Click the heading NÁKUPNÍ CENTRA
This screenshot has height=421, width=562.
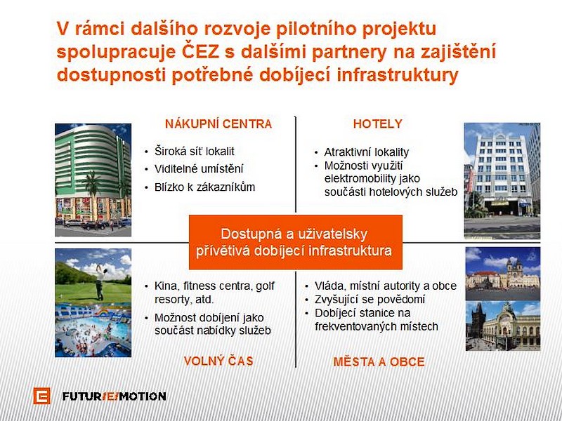pyautogui.click(x=218, y=124)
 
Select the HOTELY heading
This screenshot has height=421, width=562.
pyautogui.click(x=377, y=124)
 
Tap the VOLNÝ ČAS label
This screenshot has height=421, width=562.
pyautogui.click(x=218, y=361)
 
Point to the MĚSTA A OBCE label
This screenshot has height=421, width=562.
pyautogui.click(x=379, y=361)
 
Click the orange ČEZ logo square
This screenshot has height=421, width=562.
pyautogui.click(x=41, y=396)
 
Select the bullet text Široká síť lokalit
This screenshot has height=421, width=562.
pyautogui.click(x=195, y=152)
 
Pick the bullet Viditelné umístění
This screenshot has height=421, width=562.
pyautogui.click(x=199, y=168)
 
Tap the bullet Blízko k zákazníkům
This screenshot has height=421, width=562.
pyautogui.click(x=204, y=187)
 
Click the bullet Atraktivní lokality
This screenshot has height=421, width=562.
pyautogui.click(x=366, y=152)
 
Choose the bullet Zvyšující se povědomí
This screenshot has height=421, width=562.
pyautogui.click(x=370, y=300)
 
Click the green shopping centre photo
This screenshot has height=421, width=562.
pyautogui.click(x=93, y=180)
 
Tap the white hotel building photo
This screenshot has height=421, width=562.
pyautogui.click(x=502, y=181)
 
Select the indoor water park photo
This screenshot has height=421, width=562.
pyautogui.click(x=93, y=330)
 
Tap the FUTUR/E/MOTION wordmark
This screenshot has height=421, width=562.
pyautogui.click(x=114, y=396)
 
